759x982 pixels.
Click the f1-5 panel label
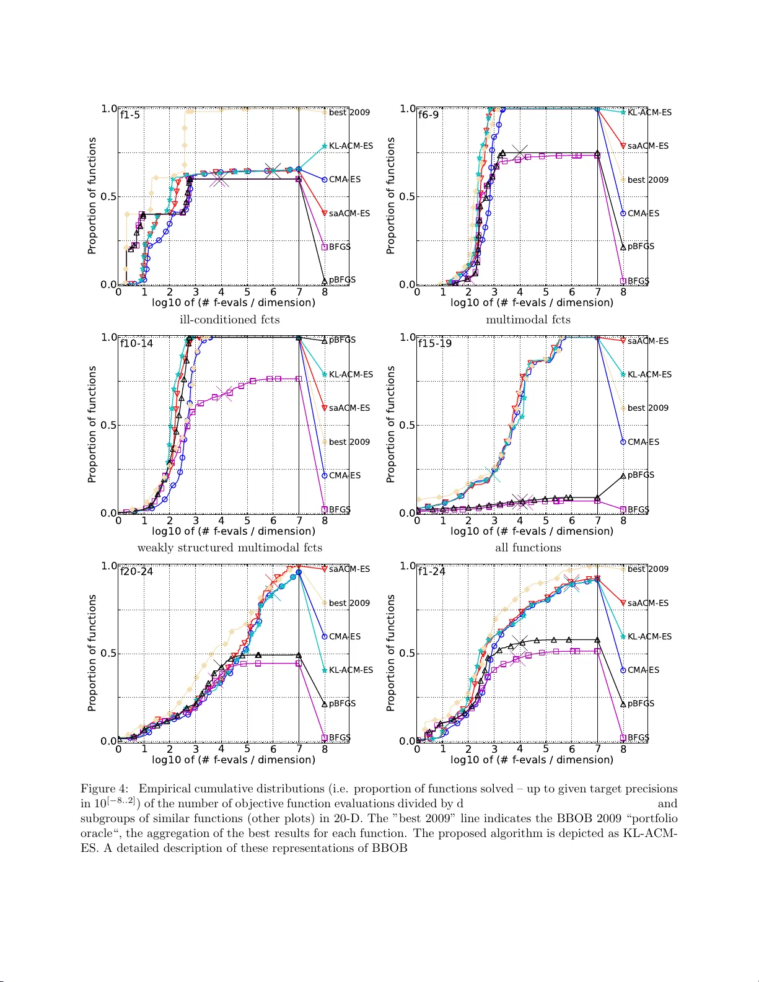130,115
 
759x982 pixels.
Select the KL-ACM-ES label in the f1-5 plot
351,146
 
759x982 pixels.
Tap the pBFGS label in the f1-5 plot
342,280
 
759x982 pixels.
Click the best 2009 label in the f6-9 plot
648,180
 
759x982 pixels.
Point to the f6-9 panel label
428,115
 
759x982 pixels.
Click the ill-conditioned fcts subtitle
229,320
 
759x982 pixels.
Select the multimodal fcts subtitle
528,320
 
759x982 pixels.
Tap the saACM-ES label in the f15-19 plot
648,341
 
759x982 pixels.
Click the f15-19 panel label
435,344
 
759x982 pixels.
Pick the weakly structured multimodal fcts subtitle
229,548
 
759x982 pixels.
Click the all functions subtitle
528,548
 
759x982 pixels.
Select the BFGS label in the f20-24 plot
340,738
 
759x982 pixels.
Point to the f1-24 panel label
432,572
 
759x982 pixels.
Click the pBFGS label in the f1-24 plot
641,704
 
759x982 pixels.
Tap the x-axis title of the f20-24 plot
234,760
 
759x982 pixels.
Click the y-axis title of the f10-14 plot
92,424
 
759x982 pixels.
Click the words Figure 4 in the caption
104,789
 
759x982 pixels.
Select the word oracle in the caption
97,833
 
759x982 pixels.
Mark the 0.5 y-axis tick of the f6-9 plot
407,197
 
